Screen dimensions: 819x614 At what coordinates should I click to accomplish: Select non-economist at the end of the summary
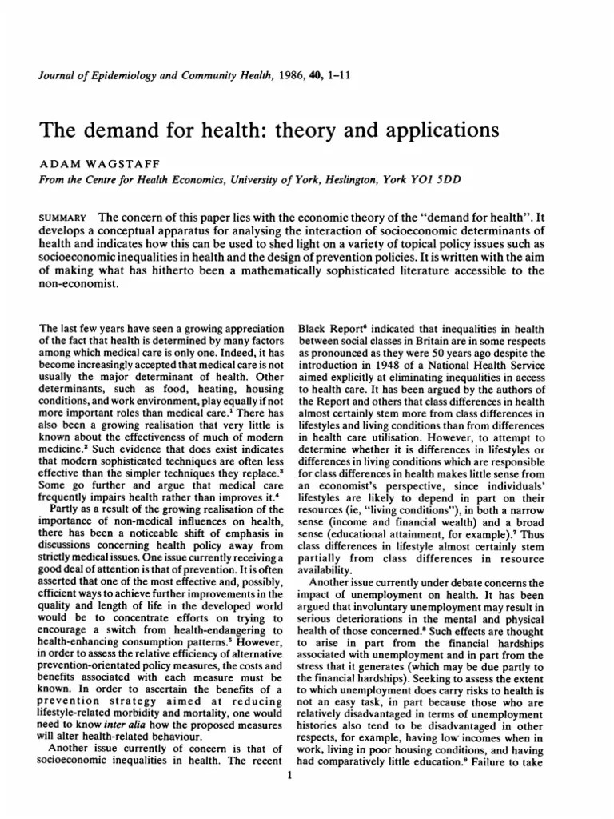tap(79, 286)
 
